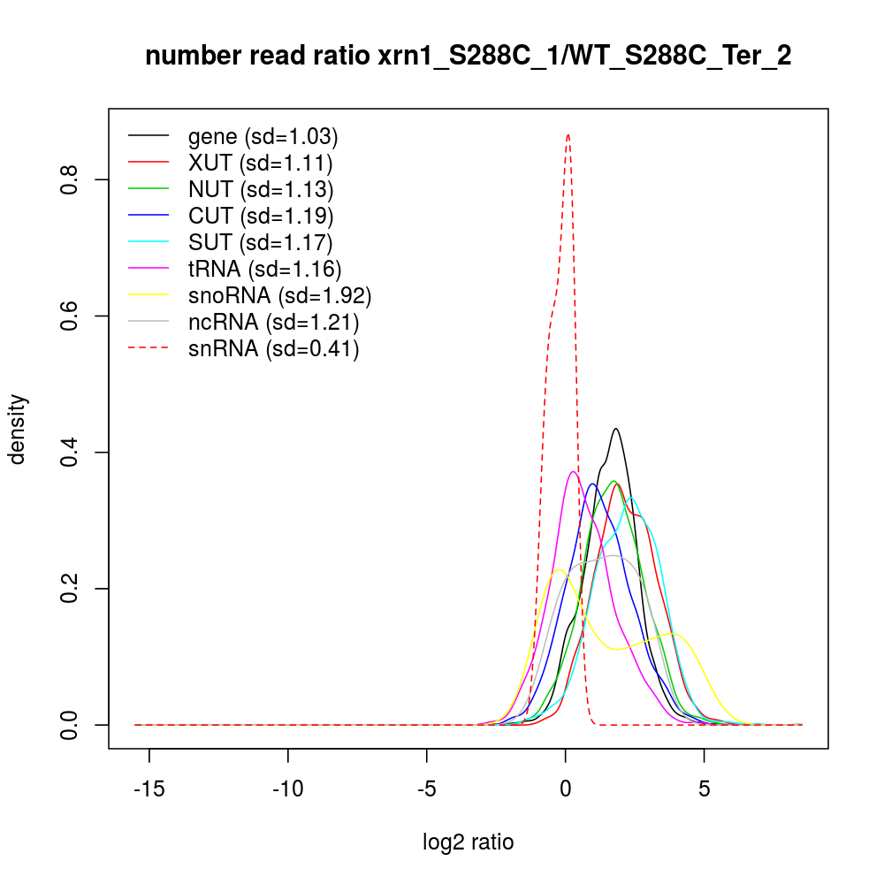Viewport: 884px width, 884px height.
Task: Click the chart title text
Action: (x=468, y=57)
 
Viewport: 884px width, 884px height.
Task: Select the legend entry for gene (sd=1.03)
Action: (x=263, y=137)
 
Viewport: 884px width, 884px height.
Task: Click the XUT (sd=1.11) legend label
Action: (x=260, y=164)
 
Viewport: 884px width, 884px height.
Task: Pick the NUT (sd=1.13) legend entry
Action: (x=261, y=189)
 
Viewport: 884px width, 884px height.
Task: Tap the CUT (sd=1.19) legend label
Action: (x=261, y=216)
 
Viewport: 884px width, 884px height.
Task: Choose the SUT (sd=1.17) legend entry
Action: (x=261, y=242)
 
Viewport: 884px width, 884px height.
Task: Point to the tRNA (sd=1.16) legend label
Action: (x=264, y=269)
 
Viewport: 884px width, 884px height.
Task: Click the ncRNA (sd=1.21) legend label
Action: (x=273, y=322)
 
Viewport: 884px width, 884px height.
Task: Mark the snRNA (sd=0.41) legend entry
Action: (x=273, y=349)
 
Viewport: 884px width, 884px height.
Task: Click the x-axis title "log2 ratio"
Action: (x=468, y=842)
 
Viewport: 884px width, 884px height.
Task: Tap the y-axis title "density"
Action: (x=19, y=429)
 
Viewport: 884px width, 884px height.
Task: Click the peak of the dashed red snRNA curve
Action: (x=568, y=135)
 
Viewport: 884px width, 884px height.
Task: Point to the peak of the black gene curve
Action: (x=615, y=429)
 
